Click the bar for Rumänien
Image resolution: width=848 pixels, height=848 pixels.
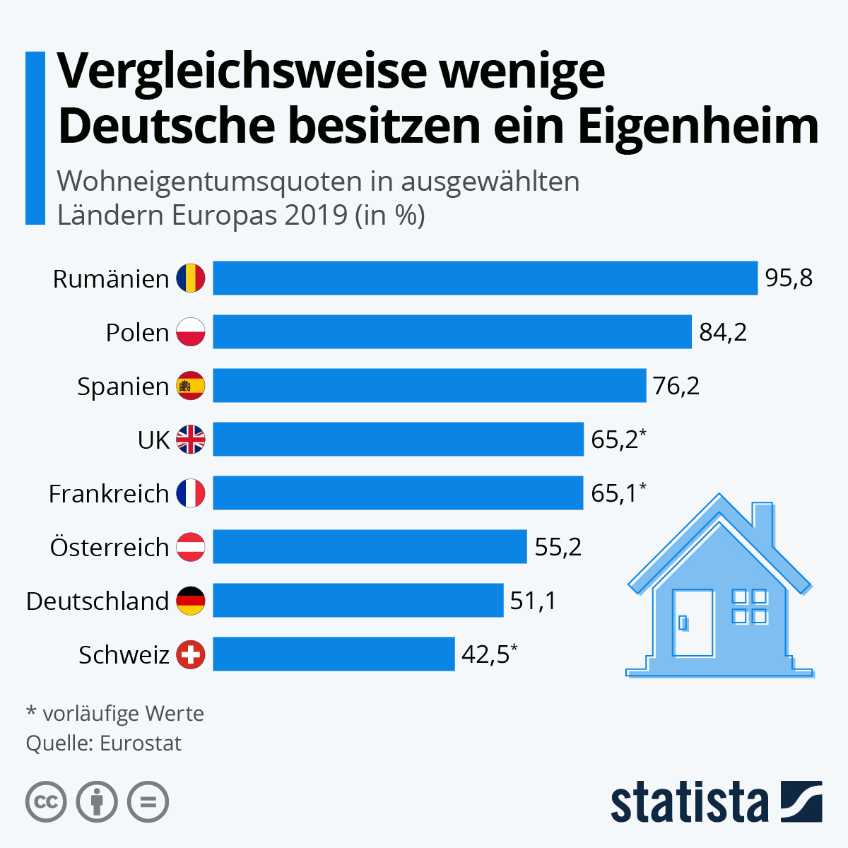tap(485, 278)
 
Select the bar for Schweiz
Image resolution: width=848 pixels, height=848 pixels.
tap(334, 654)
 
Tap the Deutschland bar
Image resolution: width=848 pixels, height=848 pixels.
tap(358, 600)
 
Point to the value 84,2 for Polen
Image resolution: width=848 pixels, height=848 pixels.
tap(723, 332)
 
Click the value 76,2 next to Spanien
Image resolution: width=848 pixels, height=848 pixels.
tap(676, 386)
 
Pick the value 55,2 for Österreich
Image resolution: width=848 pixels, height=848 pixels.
tap(558, 547)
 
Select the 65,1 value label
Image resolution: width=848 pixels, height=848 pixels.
tap(615, 493)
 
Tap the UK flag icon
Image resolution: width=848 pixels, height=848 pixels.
tap(191, 440)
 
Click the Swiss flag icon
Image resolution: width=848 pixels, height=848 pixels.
tap(191, 654)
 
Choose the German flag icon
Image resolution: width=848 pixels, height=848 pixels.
tap(191, 601)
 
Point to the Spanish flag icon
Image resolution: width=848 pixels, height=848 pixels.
tap(191, 386)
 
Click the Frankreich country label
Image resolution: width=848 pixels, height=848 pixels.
tap(109, 493)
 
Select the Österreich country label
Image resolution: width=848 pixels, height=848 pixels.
tap(110, 547)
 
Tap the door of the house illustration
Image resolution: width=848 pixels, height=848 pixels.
tap(693, 622)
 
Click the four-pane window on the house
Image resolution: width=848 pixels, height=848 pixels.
tap(749, 606)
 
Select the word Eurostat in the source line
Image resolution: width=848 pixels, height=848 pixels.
tap(141, 743)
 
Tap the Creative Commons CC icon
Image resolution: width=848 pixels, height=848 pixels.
tap(46, 802)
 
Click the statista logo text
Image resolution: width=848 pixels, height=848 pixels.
tap(689, 802)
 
